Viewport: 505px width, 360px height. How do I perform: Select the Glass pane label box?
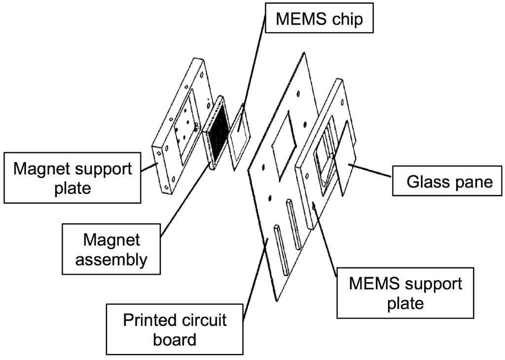(449, 181)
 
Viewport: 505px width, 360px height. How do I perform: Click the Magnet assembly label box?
(111, 250)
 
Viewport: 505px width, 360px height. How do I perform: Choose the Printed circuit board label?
(175, 329)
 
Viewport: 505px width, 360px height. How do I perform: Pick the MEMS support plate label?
(405, 293)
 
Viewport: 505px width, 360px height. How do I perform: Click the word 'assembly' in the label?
(111, 259)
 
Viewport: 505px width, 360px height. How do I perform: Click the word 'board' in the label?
(175, 340)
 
